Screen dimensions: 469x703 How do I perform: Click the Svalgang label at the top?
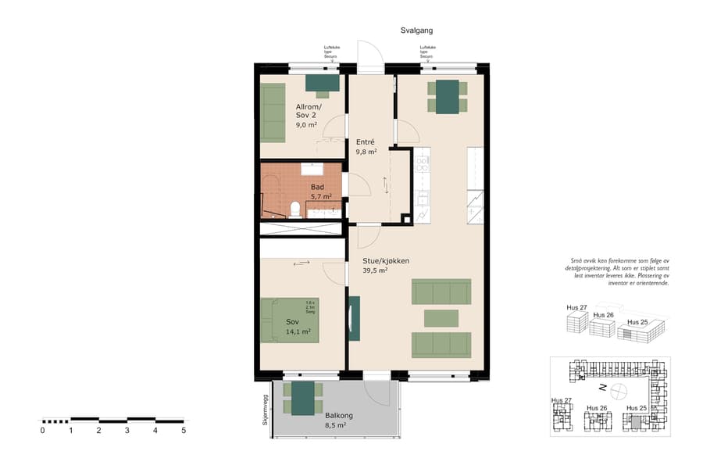(411, 30)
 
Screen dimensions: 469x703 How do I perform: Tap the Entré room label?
(366, 141)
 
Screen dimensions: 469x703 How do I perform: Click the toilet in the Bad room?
(295, 208)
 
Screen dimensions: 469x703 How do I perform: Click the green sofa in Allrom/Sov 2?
(273, 113)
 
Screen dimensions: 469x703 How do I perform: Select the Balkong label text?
(337, 414)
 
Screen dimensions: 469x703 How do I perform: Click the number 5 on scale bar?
(184, 430)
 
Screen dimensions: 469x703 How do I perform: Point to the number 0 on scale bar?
(42, 430)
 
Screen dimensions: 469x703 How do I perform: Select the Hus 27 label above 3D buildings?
(576, 307)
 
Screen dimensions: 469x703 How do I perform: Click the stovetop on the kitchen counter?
(422, 163)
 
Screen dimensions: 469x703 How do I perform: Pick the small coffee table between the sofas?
(441, 318)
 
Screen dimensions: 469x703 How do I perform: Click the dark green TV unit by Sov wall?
(354, 318)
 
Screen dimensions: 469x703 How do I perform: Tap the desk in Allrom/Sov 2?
(322, 83)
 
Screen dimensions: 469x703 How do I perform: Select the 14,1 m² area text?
(298, 331)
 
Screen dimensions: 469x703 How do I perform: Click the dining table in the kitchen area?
(448, 97)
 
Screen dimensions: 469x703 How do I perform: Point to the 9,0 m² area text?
(306, 124)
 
